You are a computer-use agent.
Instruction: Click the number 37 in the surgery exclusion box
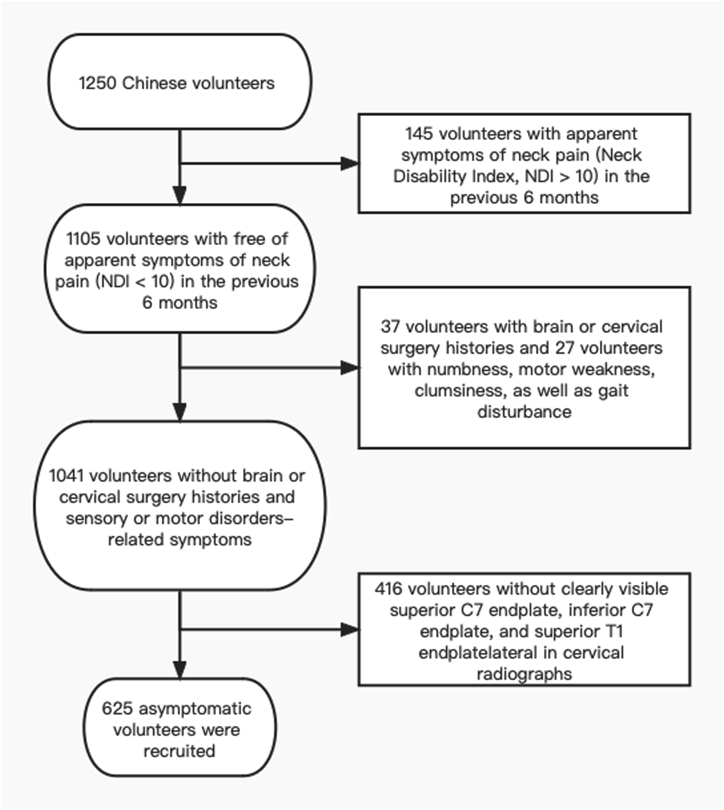(x=390, y=327)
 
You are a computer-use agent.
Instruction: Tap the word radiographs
(x=524, y=674)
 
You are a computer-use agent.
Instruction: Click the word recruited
(x=179, y=751)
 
